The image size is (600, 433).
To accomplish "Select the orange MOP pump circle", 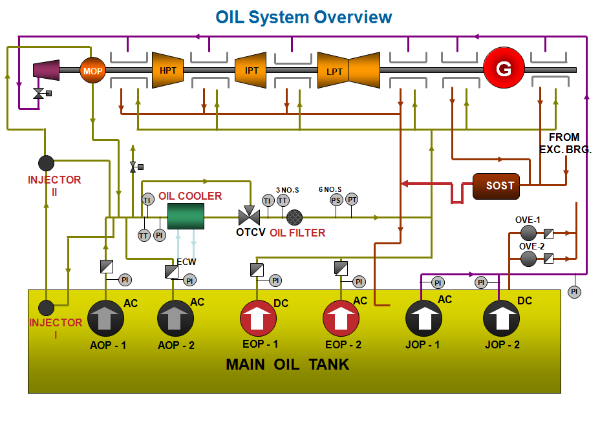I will (x=92, y=70).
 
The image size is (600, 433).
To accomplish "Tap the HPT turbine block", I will (x=168, y=70).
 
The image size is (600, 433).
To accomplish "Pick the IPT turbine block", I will (x=251, y=70).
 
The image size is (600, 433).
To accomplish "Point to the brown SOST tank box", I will (x=500, y=185).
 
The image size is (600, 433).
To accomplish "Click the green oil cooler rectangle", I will (x=186, y=216).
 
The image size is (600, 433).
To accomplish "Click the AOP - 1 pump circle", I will (x=106, y=318).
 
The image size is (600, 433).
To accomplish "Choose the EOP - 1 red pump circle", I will (x=258, y=319).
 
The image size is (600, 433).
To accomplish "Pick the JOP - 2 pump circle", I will (x=502, y=319).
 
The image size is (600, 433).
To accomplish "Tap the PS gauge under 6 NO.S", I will (x=336, y=200).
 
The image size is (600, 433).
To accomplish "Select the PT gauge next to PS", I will (x=352, y=200).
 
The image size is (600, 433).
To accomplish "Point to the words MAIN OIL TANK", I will (x=287, y=364).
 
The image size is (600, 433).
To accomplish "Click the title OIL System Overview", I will (x=303, y=17).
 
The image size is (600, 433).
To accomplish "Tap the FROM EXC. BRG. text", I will (x=564, y=143).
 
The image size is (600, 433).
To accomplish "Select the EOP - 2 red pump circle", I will (x=341, y=319).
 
